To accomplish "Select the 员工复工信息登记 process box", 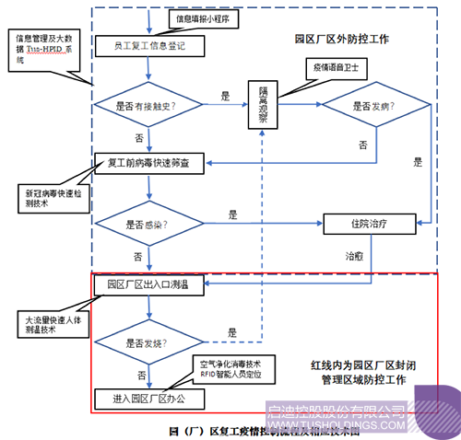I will pyautogui.click(x=148, y=44).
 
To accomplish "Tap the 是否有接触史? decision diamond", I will pyautogui.click(x=148, y=105).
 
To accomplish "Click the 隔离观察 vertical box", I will pyautogui.click(x=262, y=103).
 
